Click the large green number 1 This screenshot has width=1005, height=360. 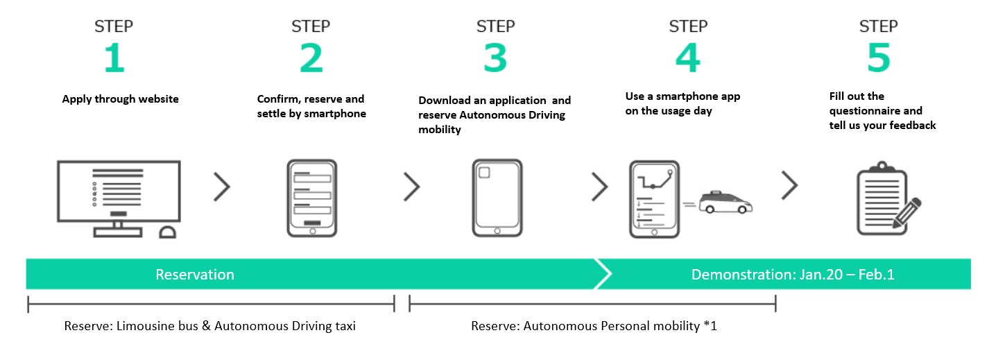point(114,58)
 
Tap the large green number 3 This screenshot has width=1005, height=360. point(495,58)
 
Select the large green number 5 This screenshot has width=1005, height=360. point(879,58)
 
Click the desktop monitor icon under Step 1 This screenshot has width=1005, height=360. point(119,198)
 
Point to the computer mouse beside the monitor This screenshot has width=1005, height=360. point(167,232)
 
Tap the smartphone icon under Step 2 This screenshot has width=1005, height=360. point(312,198)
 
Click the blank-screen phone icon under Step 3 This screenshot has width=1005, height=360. point(497,198)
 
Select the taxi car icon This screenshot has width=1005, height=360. point(725,203)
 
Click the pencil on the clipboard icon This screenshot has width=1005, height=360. point(907,213)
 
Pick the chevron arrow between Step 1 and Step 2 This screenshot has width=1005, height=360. point(222,187)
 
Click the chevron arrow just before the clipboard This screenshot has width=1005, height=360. point(789,185)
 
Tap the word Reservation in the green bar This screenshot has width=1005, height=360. point(195,274)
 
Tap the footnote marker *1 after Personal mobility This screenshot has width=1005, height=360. point(710,325)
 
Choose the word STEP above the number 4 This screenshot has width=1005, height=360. point(688,26)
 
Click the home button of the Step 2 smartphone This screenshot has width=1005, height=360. point(313,231)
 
